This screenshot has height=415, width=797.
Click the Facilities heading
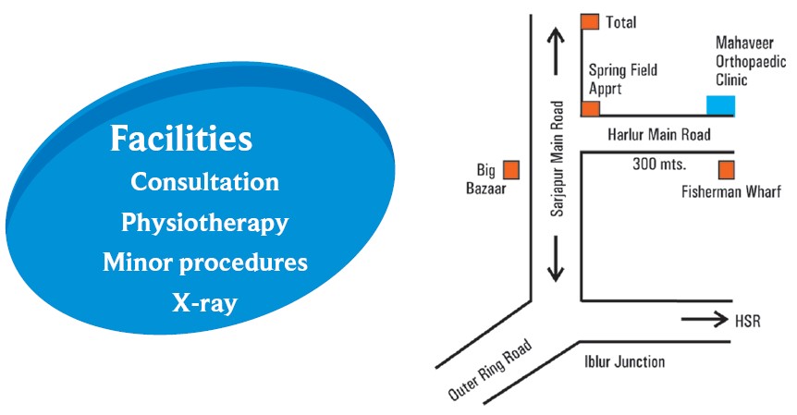pos(181,140)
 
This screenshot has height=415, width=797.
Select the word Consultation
pos(204,181)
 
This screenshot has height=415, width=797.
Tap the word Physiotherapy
pos(204,223)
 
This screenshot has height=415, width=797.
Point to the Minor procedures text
pos(204,262)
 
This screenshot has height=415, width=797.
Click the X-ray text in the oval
pos(204,302)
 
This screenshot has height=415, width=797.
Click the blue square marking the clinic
pos(721,105)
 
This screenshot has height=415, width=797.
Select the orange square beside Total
pos(590,21)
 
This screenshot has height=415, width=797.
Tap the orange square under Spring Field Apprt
pos(590,108)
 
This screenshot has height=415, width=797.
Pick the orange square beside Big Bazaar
pos(510,169)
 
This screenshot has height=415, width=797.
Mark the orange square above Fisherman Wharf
pos(727,169)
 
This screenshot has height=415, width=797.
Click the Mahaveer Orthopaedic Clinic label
pos(750,61)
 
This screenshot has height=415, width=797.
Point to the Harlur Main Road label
pos(659,135)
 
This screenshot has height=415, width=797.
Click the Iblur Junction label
pos(623,361)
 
